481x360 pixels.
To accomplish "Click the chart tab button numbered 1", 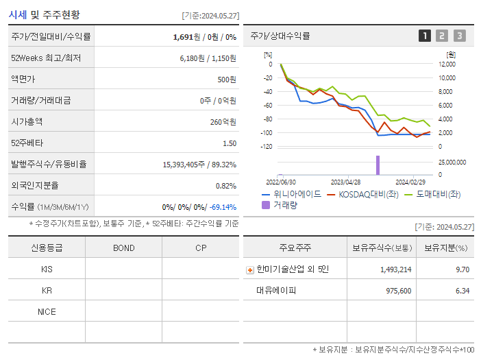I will coord(425,36).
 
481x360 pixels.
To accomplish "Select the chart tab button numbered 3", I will coord(459,36).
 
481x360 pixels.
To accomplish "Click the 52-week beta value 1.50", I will coord(230,143).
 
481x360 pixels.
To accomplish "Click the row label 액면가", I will coord(24,80).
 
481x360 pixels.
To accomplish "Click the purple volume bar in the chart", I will coord(377,165).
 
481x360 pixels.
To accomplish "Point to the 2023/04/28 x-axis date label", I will coord(345,182).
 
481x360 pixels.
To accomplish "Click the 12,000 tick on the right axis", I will coord(445,64).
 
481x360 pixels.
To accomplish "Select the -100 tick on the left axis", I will coord(267,133).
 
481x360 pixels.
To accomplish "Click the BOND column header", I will coord(123,248).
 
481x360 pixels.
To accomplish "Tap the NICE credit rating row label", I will coord(47,311).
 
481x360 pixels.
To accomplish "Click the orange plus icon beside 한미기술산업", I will coord(250,270).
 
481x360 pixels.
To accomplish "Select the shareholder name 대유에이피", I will coord(276,290).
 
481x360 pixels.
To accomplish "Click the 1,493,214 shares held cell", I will coord(395,269).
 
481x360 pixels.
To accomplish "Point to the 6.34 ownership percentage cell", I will coord(462,290).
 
